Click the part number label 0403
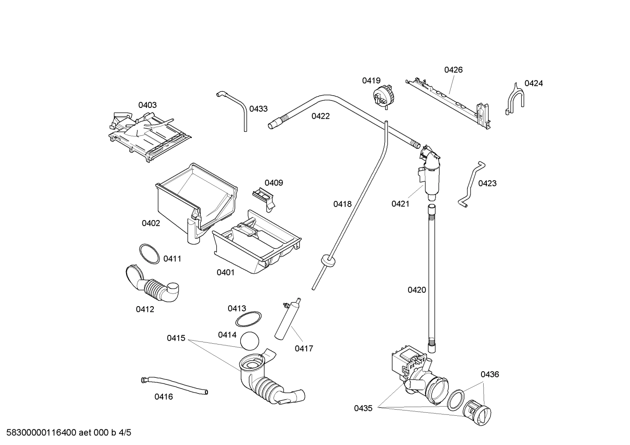pos(147,105)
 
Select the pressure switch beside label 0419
pos(382,96)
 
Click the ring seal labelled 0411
pos(149,254)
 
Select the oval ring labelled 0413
pos(248,319)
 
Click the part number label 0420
pos(416,290)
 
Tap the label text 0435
pos(363,408)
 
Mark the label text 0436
pos(489,374)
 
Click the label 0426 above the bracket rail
pos(453,70)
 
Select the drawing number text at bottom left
pos(66,433)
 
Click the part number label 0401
pos(225,273)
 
